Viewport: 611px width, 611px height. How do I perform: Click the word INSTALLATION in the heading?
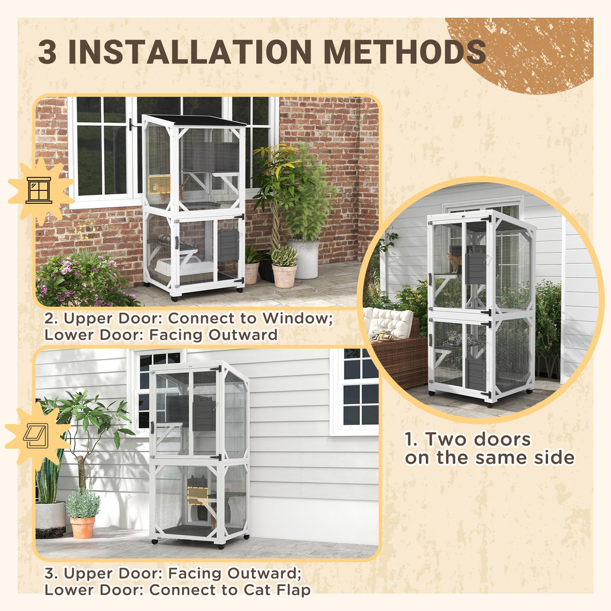[190, 52]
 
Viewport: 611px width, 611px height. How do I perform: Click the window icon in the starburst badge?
[39, 190]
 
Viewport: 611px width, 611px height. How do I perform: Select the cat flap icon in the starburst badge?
[35, 436]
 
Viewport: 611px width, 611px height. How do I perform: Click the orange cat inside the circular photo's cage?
[454, 261]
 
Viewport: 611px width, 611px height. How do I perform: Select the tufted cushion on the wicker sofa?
[389, 322]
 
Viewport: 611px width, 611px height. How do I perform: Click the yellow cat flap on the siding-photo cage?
[198, 496]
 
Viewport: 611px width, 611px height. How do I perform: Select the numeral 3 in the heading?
[47, 52]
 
